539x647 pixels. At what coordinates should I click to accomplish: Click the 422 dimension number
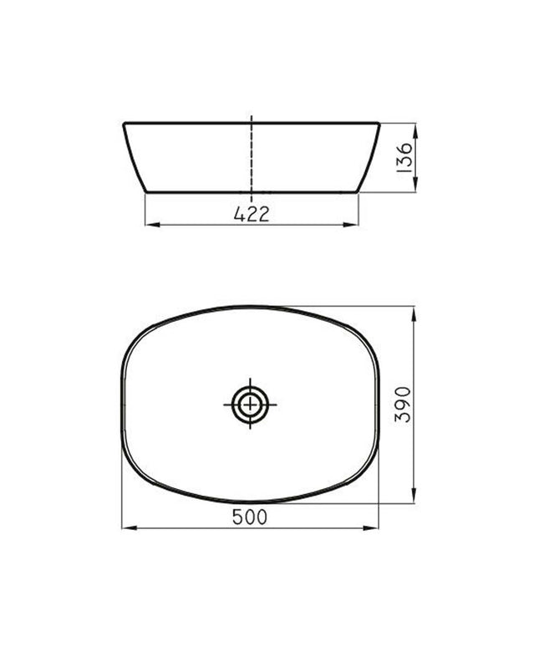coord(251,214)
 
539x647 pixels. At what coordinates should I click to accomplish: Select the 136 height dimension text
coord(404,157)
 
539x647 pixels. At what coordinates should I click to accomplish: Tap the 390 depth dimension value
coord(403,405)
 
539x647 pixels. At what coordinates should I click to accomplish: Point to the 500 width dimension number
coord(251,517)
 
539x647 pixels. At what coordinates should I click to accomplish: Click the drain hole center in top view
coord(250,405)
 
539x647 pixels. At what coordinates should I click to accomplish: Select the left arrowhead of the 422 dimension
coord(150,225)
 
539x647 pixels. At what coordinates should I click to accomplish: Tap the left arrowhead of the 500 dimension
coord(126,528)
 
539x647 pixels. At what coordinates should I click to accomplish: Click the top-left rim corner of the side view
coord(125,124)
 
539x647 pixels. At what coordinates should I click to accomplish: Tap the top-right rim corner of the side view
coord(379,124)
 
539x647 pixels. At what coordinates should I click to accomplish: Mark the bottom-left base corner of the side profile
coord(146,191)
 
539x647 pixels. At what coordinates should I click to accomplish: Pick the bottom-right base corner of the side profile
coord(358,191)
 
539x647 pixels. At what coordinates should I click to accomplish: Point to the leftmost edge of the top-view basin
coord(122,405)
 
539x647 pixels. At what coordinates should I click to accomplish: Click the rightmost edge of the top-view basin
coord(379,405)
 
